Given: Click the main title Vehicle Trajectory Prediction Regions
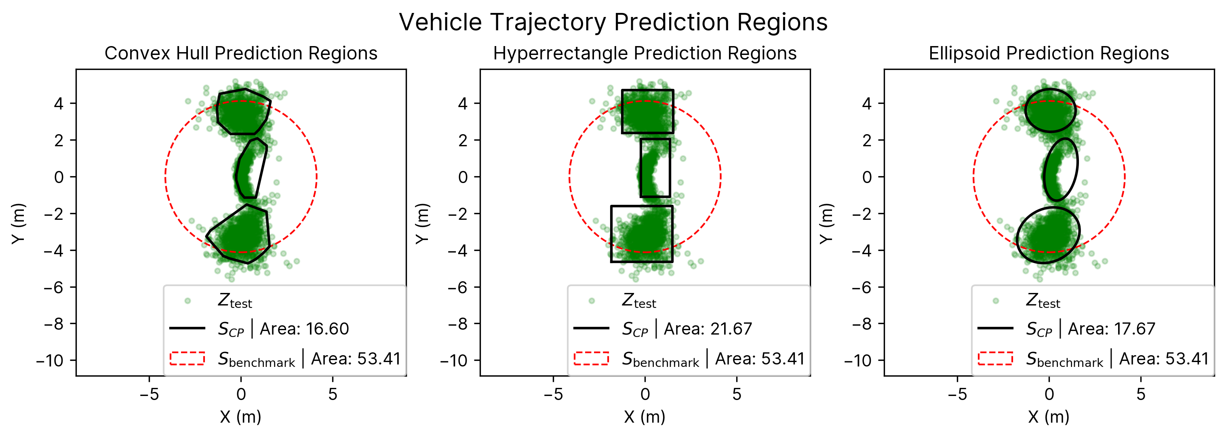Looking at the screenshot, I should point(613,22).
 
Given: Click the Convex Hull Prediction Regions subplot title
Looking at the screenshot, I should point(241,53).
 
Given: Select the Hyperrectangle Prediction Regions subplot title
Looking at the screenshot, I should point(645,53).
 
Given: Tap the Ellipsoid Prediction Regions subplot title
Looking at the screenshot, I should point(1049,53).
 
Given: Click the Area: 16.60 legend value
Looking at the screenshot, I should point(304,329).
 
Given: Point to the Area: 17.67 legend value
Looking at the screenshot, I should point(1111,329).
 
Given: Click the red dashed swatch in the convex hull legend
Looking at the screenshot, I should point(187,358).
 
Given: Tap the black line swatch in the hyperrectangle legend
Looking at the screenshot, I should point(591,328).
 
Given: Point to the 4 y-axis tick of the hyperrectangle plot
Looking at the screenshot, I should point(462,103).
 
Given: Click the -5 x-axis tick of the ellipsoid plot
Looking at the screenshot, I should point(957,394).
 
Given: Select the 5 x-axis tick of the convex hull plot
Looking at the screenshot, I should point(333,394).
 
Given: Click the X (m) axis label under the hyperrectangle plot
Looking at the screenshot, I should point(645,417).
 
